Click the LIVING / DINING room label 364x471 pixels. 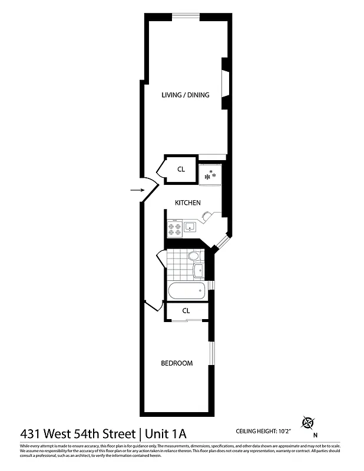(186, 95)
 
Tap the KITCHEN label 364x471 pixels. (188, 203)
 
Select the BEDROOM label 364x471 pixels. (177, 363)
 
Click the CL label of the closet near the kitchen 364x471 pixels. (181, 170)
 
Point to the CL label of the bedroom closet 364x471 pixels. (186, 310)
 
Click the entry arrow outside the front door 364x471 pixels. (136, 190)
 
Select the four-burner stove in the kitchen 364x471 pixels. (174, 228)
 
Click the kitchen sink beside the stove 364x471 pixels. (190, 227)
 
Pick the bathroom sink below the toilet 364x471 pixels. (198, 271)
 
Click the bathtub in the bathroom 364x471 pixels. (186, 290)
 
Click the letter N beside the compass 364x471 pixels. (316, 435)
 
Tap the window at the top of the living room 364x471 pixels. (186, 15)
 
